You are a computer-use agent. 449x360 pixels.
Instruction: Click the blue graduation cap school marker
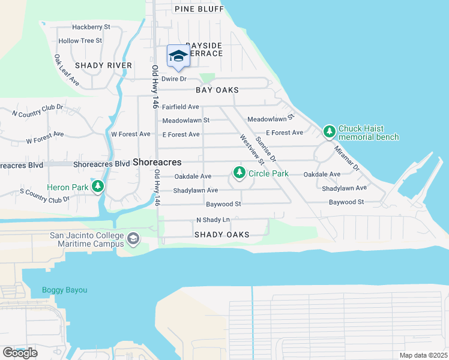click(x=178, y=56)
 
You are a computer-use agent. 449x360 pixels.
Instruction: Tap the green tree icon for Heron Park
click(x=98, y=187)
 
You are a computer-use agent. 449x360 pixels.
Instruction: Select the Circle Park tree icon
click(x=240, y=173)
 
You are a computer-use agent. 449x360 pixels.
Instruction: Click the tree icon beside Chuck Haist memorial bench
click(x=329, y=131)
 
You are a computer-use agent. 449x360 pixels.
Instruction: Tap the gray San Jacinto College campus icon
click(x=133, y=239)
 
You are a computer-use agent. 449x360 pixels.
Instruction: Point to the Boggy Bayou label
click(x=64, y=290)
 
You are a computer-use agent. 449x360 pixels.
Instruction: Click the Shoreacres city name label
click(x=157, y=163)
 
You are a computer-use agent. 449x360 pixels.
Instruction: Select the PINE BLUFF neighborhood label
click(x=197, y=8)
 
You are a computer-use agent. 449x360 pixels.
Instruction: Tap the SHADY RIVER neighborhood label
click(x=103, y=65)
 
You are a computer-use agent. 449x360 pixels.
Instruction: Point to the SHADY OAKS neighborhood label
click(x=221, y=235)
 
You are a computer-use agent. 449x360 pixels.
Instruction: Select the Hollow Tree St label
click(x=80, y=41)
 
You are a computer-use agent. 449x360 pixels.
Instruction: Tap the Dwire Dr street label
click(x=175, y=79)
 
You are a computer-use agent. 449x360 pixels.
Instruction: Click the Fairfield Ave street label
click(x=181, y=107)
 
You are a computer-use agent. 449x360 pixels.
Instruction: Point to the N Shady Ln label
click(x=213, y=220)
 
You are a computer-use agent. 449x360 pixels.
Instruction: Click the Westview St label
click(x=252, y=149)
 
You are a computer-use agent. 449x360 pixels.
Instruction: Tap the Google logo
click(x=20, y=352)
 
